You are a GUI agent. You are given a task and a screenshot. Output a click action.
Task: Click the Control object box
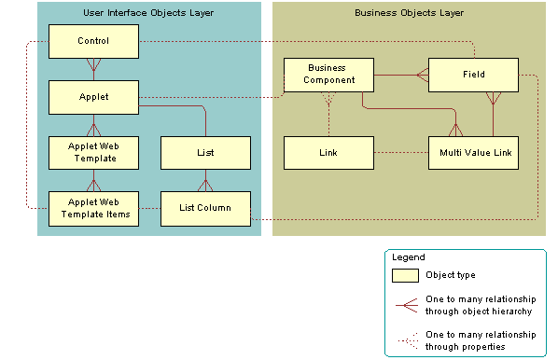click(x=93, y=41)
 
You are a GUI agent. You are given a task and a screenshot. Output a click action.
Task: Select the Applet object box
click(x=93, y=96)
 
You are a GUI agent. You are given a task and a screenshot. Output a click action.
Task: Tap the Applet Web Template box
click(x=93, y=152)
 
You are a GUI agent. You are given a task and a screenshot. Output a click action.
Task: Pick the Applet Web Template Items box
click(x=93, y=208)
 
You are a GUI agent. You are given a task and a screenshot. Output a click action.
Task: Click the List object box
click(x=205, y=152)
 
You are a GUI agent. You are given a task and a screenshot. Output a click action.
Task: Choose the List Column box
click(x=205, y=208)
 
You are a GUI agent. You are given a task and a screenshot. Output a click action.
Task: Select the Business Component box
click(x=328, y=75)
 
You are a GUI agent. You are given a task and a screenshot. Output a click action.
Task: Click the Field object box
click(x=473, y=75)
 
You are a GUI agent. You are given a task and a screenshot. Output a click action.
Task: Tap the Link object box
click(x=328, y=152)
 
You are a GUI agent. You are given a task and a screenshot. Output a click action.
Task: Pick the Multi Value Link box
click(x=473, y=152)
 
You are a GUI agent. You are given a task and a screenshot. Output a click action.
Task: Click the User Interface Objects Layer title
click(x=149, y=13)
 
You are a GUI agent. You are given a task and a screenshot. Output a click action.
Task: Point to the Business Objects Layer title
click(x=410, y=13)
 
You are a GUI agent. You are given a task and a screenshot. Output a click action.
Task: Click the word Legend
click(x=408, y=256)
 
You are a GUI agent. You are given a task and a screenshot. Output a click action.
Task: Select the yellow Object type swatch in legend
click(x=405, y=275)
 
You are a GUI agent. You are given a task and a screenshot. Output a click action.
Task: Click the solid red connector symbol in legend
click(x=405, y=303)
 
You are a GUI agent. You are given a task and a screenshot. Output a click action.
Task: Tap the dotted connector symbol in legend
click(x=405, y=339)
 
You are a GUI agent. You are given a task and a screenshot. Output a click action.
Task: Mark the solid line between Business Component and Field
click(x=400, y=75)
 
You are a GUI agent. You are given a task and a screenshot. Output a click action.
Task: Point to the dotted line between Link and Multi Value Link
click(x=400, y=152)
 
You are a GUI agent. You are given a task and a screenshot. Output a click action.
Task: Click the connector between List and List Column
click(x=205, y=180)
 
